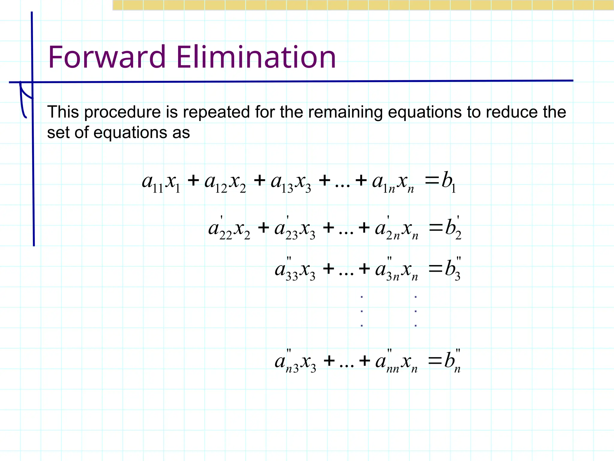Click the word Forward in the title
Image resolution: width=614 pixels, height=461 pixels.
107,57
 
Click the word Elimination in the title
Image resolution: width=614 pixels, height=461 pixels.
256,57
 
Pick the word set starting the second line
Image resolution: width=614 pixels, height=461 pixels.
58,133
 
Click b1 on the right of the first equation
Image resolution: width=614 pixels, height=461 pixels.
449,181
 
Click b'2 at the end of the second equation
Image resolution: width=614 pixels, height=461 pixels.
453,229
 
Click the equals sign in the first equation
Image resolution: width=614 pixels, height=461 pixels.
432,181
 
